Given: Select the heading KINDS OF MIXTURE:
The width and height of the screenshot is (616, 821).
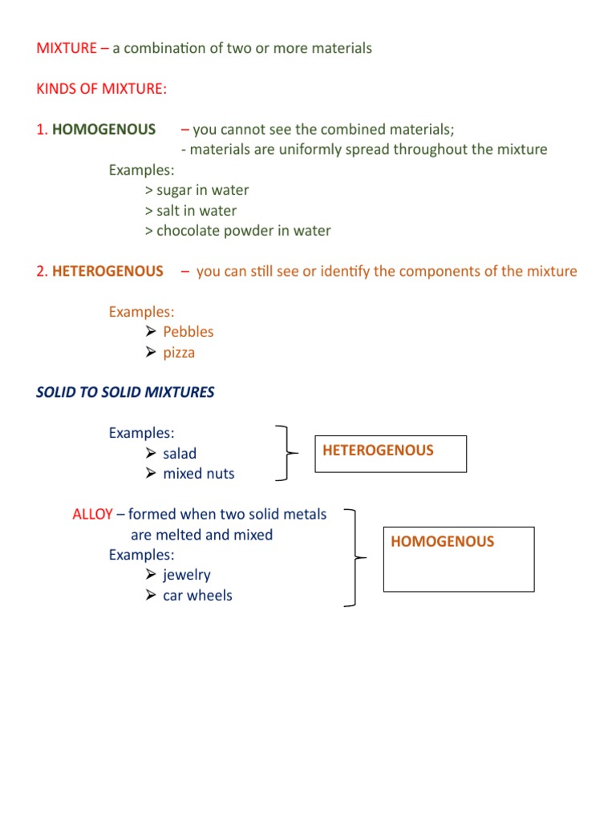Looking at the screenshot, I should point(102,88).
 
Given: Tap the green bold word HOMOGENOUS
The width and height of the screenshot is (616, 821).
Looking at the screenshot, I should point(104,129).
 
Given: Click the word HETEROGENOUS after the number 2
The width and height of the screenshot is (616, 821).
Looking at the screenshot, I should point(107,271).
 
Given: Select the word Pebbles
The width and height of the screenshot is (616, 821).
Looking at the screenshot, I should point(188,332).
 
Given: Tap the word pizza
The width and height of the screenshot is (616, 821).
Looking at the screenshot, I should point(179,353).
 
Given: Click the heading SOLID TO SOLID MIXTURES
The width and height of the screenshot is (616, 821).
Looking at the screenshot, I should point(125,393).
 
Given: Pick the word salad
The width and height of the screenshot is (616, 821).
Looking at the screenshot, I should point(180,454).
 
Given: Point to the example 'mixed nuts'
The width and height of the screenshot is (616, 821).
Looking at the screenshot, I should point(199,474).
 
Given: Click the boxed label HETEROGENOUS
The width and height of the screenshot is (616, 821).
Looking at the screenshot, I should point(378,451).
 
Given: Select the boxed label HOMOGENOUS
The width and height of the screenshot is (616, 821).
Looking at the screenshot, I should point(443,542).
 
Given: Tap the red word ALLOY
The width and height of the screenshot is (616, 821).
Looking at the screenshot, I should point(92,514).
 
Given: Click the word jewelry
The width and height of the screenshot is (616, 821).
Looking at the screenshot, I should point(187,575).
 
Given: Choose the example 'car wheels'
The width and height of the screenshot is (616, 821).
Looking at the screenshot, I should point(197,596).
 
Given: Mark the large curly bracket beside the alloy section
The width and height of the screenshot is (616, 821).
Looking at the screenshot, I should point(355,557).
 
